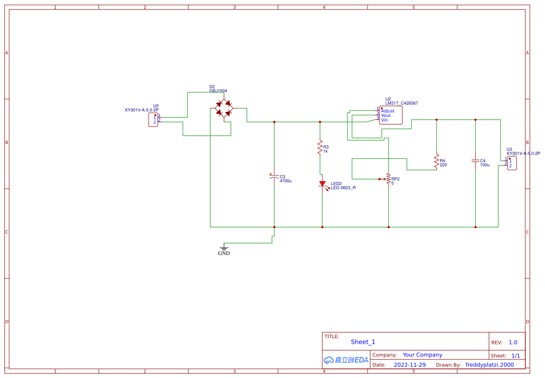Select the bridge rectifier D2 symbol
(x=224, y=109)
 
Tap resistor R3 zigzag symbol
(x=320, y=148)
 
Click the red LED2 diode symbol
(x=322, y=184)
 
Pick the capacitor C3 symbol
(x=274, y=177)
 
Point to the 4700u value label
(x=285, y=181)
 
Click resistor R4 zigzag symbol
(x=436, y=161)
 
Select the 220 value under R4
(x=443, y=165)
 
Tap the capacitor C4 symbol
(x=475, y=161)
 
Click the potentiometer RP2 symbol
(x=388, y=179)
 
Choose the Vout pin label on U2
(x=385, y=116)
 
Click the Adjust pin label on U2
(x=387, y=111)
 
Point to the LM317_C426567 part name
(x=401, y=103)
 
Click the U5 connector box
(x=154, y=120)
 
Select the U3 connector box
(x=512, y=163)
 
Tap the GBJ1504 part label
(x=218, y=91)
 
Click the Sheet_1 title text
(x=363, y=342)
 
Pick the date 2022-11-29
(x=410, y=365)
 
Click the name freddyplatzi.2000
(x=489, y=365)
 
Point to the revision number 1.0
(x=513, y=342)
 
